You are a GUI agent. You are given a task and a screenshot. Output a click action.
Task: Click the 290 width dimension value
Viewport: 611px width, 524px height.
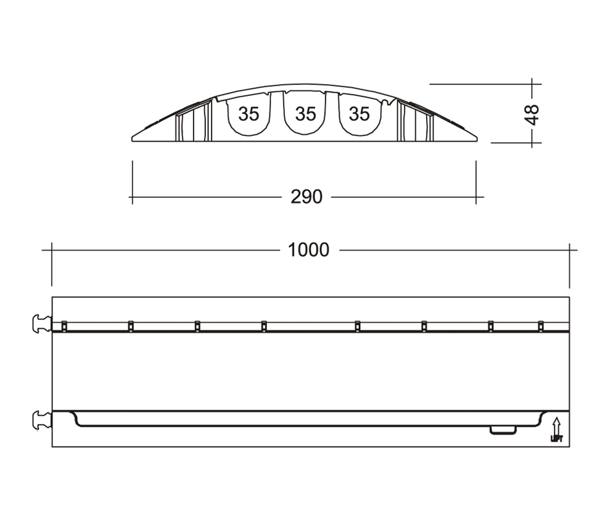[306, 197]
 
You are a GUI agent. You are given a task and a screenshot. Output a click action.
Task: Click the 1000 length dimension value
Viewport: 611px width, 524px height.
[308, 250]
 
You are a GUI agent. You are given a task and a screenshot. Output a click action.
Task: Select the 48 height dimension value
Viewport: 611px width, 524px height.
[532, 114]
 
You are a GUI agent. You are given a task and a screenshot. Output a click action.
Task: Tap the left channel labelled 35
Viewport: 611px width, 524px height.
[248, 114]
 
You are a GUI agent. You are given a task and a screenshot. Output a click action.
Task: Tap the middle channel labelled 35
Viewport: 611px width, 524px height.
[305, 114]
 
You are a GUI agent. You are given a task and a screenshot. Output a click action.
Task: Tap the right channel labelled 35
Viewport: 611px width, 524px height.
[359, 114]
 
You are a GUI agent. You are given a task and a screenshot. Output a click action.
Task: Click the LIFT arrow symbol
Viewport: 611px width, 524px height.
[556, 429]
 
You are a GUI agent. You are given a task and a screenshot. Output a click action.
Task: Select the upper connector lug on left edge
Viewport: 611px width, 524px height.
[41, 324]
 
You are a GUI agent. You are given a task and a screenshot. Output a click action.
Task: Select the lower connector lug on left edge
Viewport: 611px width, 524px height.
[41, 420]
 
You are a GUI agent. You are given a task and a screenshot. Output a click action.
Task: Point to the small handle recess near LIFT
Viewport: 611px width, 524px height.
[503, 430]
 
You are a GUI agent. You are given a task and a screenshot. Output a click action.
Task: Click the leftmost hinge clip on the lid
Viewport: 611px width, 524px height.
[64, 326]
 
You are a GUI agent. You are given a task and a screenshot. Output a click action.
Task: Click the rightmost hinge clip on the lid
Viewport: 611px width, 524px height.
[541, 326]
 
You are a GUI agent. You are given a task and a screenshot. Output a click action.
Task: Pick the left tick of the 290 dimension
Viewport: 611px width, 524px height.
[133, 197]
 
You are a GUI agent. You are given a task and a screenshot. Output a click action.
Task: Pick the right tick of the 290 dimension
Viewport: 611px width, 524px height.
[476, 197]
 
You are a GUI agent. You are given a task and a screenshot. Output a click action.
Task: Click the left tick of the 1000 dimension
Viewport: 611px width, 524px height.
[52, 250]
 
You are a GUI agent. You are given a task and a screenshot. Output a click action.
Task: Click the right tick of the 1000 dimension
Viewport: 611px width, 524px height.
[570, 250]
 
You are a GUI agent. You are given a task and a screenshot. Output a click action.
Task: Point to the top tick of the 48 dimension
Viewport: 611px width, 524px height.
[532, 84]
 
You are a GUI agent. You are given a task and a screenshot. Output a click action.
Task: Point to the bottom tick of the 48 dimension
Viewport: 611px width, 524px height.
[532, 142]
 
